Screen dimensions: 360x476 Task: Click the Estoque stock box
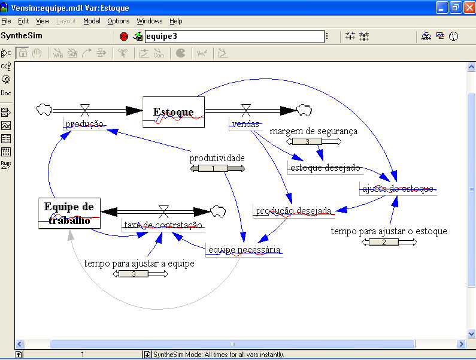[x=174, y=112]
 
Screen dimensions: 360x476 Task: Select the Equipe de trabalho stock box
[x=69, y=213]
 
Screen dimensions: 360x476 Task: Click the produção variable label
[x=84, y=124]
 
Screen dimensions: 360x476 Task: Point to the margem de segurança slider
[x=314, y=142]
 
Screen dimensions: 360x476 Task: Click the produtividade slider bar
[x=217, y=169]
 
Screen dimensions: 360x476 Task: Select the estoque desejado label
[x=325, y=168]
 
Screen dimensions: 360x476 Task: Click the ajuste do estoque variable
[x=398, y=189]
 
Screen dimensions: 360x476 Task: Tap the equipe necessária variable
[x=243, y=250]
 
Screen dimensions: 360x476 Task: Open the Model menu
[x=92, y=21]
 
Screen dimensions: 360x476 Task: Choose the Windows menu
[x=150, y=21]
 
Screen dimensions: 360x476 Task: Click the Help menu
[x=176, y=21]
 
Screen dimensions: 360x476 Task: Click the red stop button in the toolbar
[x=124, y=37]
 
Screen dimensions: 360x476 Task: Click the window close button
[x=468, y=7]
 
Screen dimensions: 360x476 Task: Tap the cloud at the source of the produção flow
[x=44, y=110]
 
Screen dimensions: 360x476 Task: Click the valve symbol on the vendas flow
[x=245, y=110]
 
